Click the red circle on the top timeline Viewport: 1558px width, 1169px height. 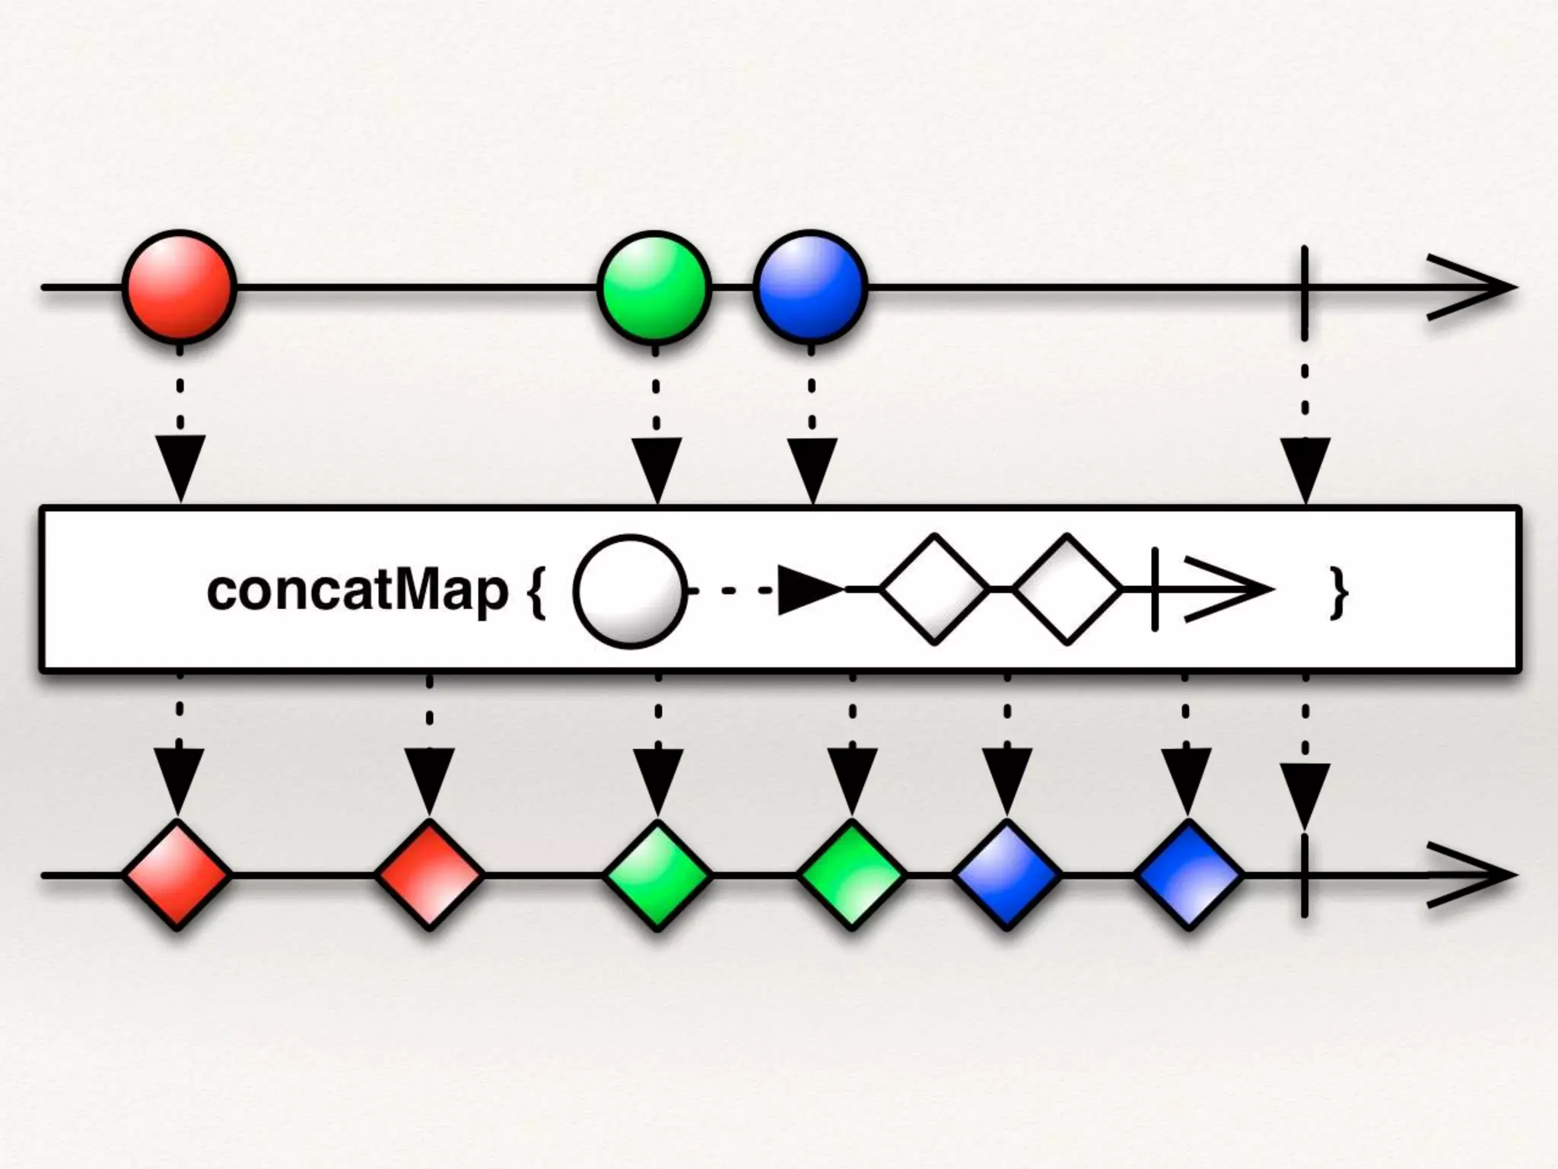pos(180,287)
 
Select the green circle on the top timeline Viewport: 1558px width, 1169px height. pos(655,287)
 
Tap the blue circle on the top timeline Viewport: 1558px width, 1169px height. pos(810,287)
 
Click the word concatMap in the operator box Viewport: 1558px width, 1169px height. pos(357,591)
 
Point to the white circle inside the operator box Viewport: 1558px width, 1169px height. pos(630,591)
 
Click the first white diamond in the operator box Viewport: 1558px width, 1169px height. pos(935,589)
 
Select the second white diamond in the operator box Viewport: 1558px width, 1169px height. pos(1067,589)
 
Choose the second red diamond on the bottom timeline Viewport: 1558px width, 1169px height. pos(430,875)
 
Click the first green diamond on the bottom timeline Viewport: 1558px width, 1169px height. pos(658,875)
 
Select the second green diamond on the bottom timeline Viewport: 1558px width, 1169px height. pos(852,875)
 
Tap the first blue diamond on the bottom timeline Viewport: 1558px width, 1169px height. pos(1007,875)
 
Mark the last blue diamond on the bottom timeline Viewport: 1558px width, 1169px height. pos(1188,875)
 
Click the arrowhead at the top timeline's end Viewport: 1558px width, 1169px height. pos(1476,288)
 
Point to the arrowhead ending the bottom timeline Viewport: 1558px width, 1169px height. pos(1476,875)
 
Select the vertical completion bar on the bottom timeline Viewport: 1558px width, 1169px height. pos(1305,875)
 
